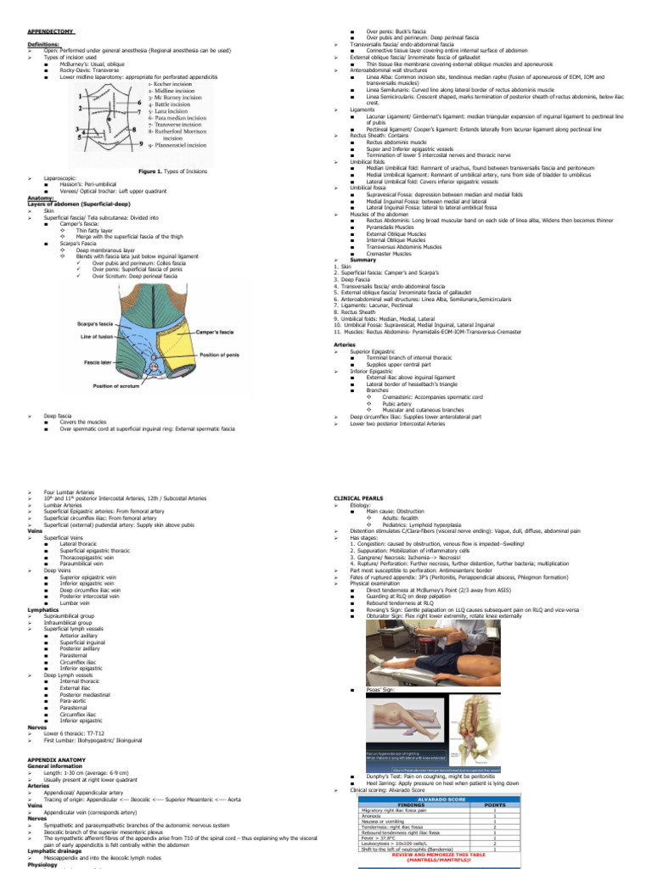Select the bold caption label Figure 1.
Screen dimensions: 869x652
153,171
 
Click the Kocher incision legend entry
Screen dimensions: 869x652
175,84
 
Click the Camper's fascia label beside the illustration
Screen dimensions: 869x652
220,333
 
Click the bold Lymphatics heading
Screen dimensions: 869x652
43,609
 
